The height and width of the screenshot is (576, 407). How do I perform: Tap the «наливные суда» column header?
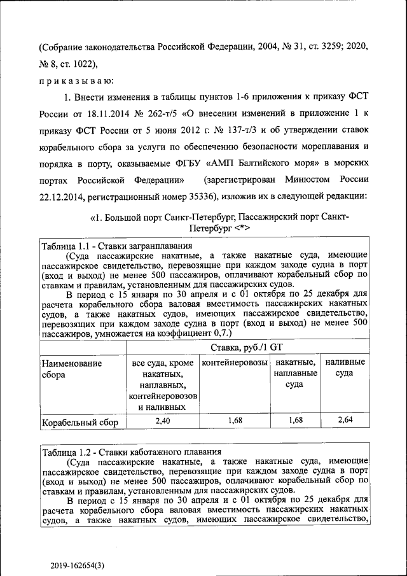point(344,368)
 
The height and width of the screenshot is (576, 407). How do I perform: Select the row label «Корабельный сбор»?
point(79,422)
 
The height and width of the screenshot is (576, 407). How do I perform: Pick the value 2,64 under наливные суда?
point(344,420)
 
